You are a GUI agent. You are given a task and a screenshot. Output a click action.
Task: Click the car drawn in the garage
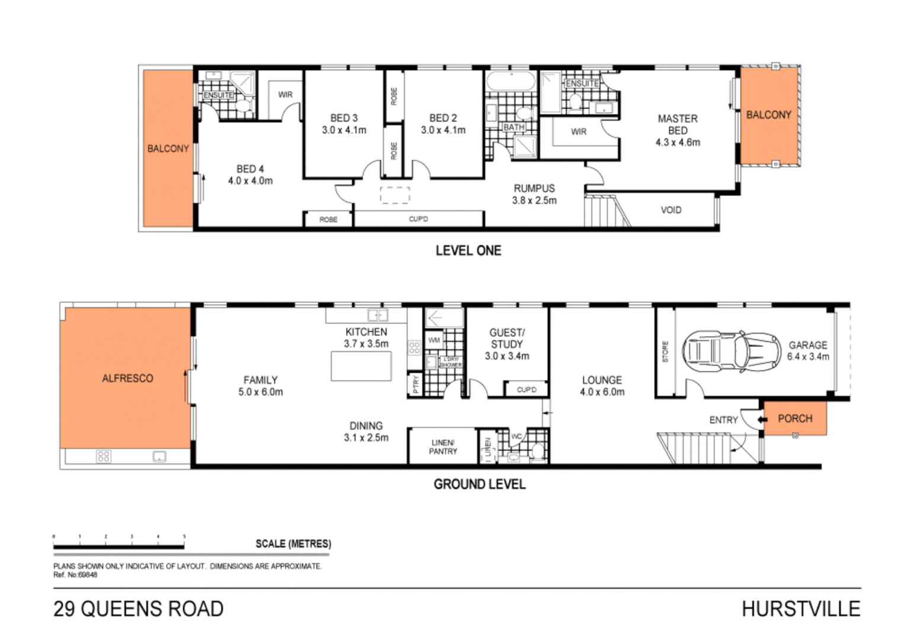[x=730, y=352]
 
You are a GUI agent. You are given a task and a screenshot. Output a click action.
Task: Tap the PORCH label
[x=794, y=418]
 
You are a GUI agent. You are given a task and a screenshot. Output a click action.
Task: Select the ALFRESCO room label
[x=127, y=378]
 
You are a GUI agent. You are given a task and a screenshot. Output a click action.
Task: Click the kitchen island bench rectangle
[x=361, y=366]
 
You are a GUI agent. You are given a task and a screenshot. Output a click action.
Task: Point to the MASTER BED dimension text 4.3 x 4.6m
[x=678, y=142]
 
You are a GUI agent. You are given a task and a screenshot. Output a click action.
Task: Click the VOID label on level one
[x=671, y=210]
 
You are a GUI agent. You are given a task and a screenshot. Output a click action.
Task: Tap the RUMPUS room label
[x=534, y=188]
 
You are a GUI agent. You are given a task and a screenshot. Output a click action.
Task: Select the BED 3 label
[x=344, y=118]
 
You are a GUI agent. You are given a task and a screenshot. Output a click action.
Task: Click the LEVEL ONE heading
[x=468, y=251]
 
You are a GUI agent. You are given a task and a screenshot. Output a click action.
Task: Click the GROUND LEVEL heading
[x=479, y=484]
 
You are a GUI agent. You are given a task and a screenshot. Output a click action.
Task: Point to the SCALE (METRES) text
[x=293, y=543]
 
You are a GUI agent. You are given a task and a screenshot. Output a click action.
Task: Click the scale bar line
[x=118, y=546]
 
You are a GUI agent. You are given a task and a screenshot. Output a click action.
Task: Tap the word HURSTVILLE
[x=800, y=609]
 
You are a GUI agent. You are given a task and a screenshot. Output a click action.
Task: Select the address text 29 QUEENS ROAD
[x=139, y=609]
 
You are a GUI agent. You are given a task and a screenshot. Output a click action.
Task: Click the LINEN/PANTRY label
[x=442, y=447]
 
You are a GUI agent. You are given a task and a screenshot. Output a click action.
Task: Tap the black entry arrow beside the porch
[x=762, y=419]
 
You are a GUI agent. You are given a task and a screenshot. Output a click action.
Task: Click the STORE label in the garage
[x=665, y=351]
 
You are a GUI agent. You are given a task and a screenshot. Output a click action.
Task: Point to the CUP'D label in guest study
[x=526, y=389]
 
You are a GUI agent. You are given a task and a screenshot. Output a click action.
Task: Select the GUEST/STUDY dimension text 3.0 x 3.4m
[x=506, y=356]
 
